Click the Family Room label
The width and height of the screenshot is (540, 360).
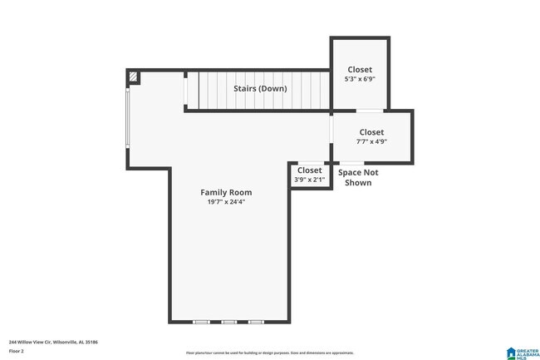point(226,192)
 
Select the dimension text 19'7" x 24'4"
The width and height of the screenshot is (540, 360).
point(226,202)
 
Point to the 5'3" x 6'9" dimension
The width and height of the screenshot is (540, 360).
point(359,79)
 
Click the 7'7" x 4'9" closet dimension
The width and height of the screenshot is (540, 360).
point(371,141)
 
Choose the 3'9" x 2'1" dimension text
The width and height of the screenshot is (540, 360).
point(309,180)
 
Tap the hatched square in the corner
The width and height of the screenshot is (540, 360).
point(133,76)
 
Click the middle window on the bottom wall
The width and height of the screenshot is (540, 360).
point(228,321)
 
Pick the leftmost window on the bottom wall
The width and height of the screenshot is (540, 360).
point(201,321)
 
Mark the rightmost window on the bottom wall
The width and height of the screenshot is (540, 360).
point(256,321)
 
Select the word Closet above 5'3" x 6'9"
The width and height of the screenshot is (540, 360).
point(359,69)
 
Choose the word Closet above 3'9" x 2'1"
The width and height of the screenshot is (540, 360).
point(309,170)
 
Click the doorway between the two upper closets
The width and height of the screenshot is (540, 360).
point(370,110)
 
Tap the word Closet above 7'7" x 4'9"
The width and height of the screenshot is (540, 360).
point(371,131)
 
